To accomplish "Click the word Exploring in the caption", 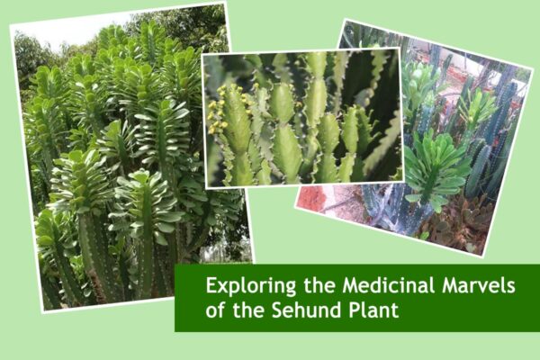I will tap(241, 288).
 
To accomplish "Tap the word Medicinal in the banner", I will tap(372, 287).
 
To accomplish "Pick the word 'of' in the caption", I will tap(215, 311).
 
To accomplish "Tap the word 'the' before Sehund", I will tap(246, 310).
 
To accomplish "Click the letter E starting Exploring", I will tap(211, 287).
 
